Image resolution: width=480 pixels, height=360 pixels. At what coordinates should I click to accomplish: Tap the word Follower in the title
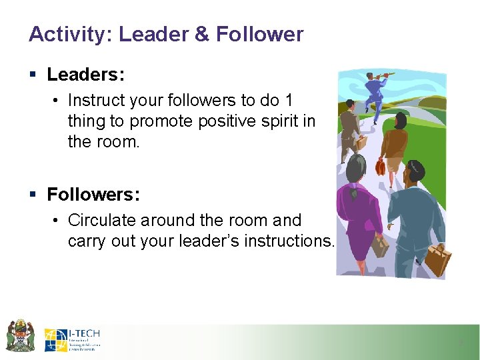(x=259, y=35)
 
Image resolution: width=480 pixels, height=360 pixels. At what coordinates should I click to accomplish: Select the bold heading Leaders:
(x=86, y=75)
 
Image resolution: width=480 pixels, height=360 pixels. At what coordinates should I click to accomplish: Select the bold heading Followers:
(x=93, y=195)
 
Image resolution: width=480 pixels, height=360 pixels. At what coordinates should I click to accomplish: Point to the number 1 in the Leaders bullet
(x=288, y=100)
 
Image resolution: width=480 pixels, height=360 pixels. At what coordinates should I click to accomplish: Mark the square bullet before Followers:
(x=33, y=195)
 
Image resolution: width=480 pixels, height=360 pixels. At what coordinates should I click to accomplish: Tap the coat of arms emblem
(x=20, y=336)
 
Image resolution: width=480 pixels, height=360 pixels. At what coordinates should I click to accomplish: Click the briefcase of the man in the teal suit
(x=437, y=260)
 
